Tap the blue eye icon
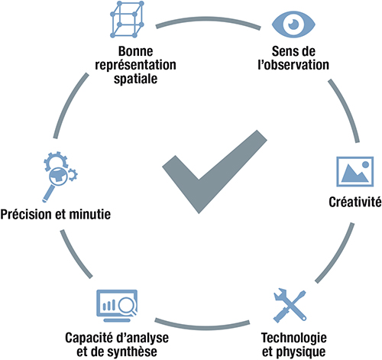click(x=293, y=24)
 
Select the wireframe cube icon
click(x=127, y=19)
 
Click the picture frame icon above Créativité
click(x=354, y=171)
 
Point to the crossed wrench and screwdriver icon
click(x=290, y=306)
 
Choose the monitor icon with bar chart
click(x=117, y=306)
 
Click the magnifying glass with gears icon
click(x=60, y=177)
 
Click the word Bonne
click(x=135, y=51)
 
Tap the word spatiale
click(x=135, y=79)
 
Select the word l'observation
click(x=293, y=65)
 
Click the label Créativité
click(x=355, y=202)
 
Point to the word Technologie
click(x=294, y=338)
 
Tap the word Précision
click(x=27, y=214)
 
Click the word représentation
click(x=135, y=65)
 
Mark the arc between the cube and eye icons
click(x=209, y=19)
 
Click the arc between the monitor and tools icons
click(x=202, y=326)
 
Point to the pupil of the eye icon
click(x=293, y=24)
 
